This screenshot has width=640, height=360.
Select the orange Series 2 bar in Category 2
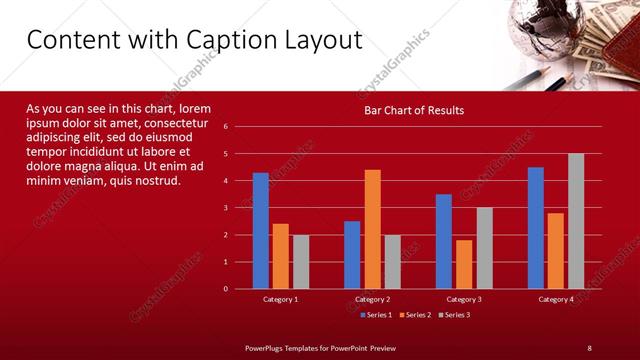point(372,229)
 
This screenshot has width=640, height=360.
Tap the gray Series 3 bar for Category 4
point(576,221)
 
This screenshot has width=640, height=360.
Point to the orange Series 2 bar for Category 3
point(464,264)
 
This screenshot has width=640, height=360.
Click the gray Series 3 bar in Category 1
point(301,262)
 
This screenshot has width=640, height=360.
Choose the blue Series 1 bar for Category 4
point(536,228)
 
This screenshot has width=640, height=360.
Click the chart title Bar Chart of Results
point(413,110)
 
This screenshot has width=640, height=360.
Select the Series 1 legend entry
point(375,315)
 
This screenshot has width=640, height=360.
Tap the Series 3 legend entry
point(453,315)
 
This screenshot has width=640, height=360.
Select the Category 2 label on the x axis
point(372,299)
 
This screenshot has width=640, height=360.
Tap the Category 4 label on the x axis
point(556,299)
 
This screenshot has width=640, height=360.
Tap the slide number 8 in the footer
point(589,347)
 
